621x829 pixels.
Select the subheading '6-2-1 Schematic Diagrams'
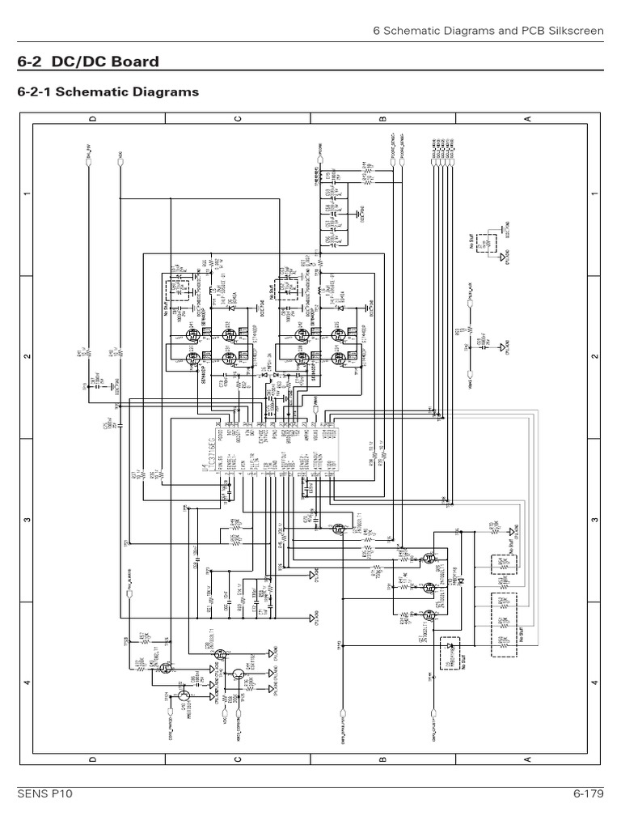tap(108, 92)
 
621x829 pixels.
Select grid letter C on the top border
tap(237, 119)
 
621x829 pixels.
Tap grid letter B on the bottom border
tap(382, 759)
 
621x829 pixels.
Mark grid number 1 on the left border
tap(27, 194)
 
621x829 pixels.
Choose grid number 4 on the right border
tap(594, 682)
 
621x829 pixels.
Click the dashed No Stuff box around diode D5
tap(450, 653)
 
